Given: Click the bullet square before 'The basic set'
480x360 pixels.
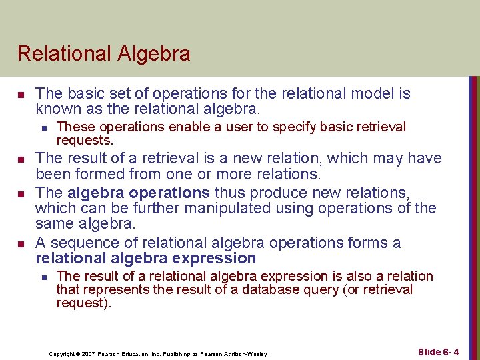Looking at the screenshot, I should coord(21,94).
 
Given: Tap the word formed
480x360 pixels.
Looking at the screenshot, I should coord(97,175).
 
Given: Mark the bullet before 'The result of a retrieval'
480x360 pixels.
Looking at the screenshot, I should coord(21,159).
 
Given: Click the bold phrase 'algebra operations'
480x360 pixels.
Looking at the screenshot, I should coord(139,193).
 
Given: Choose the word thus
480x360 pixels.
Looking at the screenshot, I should coord(229,193).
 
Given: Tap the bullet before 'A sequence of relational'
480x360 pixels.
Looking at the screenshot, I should coord(21,243).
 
